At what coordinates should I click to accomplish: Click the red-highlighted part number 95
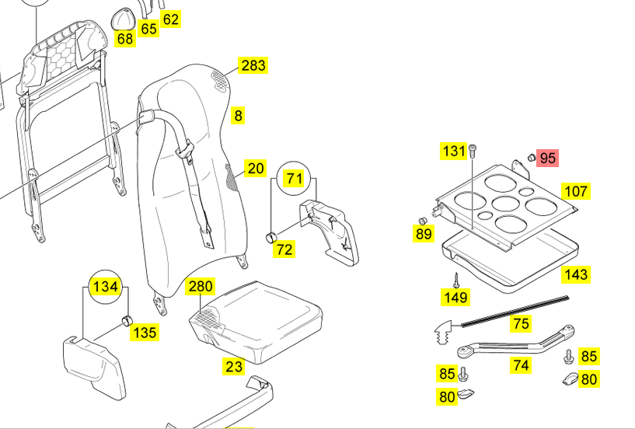pos(548,159)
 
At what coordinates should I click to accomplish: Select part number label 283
pos(253,65)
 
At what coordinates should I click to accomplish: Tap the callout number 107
pos(576,191)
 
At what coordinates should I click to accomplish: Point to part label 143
pos(576,274)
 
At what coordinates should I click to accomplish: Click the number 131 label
pos(454,151)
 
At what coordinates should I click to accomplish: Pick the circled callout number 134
pos(104,287)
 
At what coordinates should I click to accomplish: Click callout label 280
pos(200,287)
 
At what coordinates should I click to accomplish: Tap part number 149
pos(455,297)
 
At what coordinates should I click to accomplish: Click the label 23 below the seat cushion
pos(234,367)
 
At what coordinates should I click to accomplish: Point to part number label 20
pos(255,169)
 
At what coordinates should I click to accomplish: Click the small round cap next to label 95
pos(532,158)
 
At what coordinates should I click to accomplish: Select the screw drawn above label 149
pos(455,278)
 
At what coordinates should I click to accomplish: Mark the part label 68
pos(125,38)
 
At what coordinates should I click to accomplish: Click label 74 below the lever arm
pos(521,365)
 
